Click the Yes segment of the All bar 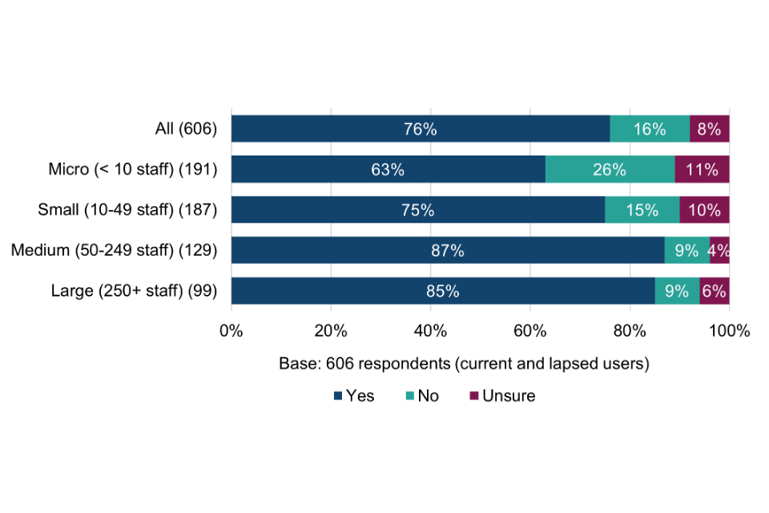point(421,129)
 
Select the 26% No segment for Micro point(610,170)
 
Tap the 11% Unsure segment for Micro point(702,170)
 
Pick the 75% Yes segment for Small point(418,210)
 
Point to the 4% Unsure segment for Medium point(719,251)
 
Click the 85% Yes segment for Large point(443,291)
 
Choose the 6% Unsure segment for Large point(715,291)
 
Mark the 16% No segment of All point(650,129)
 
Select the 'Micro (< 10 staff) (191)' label point(133,170)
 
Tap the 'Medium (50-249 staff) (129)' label point(115,251)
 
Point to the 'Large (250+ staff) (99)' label point(135,291)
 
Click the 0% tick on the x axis point(232,330)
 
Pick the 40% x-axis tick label point(430,330)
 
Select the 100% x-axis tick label point(728,330)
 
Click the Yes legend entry point(353,396)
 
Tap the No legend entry point(422,396)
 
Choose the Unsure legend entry point(502,396)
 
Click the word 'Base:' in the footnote point(299,363)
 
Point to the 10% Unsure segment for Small point(705,210)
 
